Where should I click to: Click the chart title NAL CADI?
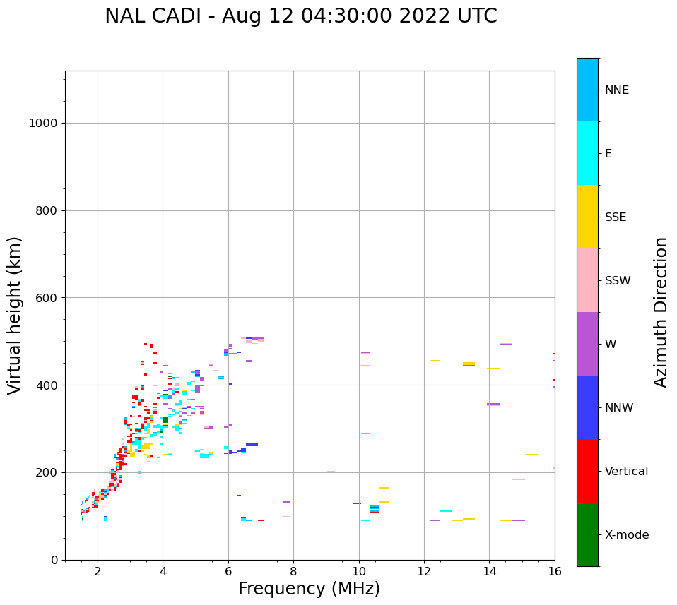pos(300,16)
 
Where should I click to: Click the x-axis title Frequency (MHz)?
pos(309,589)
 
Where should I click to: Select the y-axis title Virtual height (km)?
pos(15,316)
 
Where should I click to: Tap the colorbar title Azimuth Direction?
pos(661,312)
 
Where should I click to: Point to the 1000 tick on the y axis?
pos(42,123)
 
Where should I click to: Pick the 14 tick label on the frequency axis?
pos(489,570)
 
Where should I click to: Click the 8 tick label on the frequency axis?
pos(293,570)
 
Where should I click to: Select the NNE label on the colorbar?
pos(616,90)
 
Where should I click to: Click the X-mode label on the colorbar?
pos(626,535)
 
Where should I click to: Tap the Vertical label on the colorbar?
pos(626,472)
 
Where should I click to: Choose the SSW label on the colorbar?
pos(618,281)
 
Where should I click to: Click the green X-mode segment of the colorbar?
pos(587,534)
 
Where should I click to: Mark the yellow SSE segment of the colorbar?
pos(587,217)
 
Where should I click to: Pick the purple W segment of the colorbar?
pos(587,344)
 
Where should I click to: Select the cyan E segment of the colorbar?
pos(587,153)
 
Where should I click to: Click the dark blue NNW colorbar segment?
pos(587,407)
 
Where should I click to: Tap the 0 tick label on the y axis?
pos(54,560)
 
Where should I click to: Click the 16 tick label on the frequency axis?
pos(555,570)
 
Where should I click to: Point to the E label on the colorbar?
pos(608,154)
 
